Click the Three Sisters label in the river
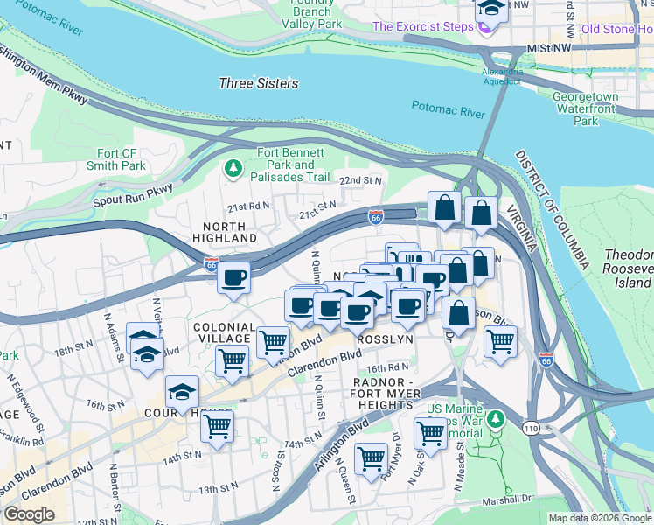click(x=258, y=84)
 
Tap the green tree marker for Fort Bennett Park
click(x=233, y=167)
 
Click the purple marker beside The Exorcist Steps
click(x=486, y=27)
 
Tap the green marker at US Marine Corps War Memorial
click(x=496, y=421)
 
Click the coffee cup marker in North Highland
click(x=233, y=279)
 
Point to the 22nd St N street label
click(x=361, y=180)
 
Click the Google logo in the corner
click(x=29, y=514)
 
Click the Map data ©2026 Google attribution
click(x=600, y=518)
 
